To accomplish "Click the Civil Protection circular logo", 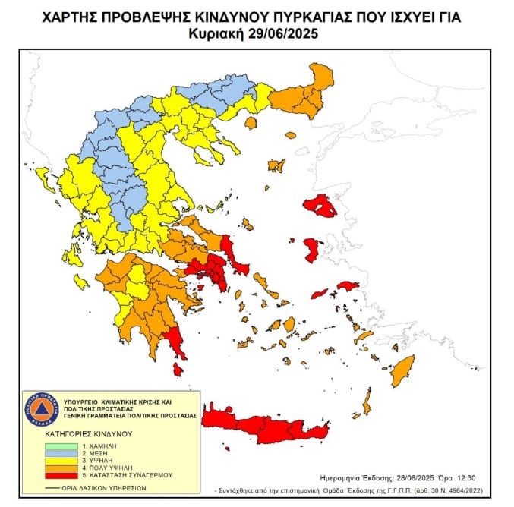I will (40, 410).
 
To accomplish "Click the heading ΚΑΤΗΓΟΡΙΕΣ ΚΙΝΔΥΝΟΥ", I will (88, 434).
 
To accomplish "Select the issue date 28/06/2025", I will (415, 479).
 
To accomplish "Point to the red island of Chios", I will (311, 249).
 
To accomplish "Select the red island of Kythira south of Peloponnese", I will (178, 369).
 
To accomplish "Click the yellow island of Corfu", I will (44, 180).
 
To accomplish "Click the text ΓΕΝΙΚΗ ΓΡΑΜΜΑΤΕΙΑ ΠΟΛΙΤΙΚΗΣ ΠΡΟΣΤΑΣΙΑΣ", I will (129, 416).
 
